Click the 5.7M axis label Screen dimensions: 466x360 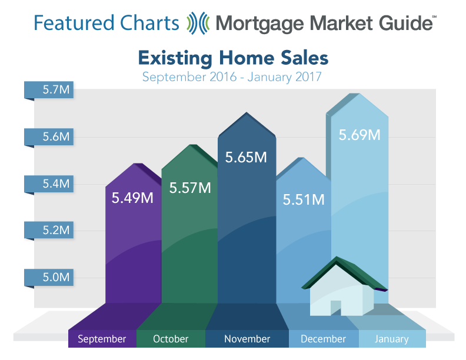click(x=56, y=89)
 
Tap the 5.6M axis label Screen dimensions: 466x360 click(x=56, y=136)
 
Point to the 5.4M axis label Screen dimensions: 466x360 click(x=56, y=184)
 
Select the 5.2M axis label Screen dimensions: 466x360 click(x=56, y=230)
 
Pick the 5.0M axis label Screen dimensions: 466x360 click(x=56, y=277)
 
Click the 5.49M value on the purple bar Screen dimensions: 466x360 click(x=132, y=198)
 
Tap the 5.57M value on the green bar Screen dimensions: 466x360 click(x=190, y=188)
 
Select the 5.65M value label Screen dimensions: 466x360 click(x=246, y=157)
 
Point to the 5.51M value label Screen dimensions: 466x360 click(x=304, y=199)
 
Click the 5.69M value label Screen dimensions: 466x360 click(x=360, y=135)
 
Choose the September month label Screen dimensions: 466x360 click(x=102, y=339)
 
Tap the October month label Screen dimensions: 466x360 click(x=171, y=339)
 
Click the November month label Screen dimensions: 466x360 click(x=247, y=339)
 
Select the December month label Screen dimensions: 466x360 click(x=324, y=339)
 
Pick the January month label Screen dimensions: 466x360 click(x=392, y=339)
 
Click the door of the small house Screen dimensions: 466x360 click(x=336, y=308)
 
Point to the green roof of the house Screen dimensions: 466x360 click(x=345, y=274)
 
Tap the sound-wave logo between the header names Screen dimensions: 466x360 click(x=198, y=23)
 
